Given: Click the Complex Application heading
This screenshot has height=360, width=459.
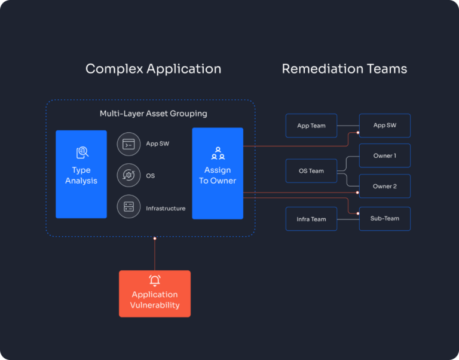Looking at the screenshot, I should click(153, 69).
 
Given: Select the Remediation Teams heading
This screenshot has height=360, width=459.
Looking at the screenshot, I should click(344, 69).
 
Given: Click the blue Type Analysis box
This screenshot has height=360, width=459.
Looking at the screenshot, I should click(81, 174).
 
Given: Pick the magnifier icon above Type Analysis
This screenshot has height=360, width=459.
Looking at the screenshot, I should click(82, 153).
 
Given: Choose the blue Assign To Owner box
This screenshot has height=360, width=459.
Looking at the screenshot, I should click(218, 173).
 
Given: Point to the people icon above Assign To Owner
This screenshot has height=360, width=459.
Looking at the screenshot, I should click(218, 153).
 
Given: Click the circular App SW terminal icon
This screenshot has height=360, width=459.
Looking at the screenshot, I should click(128, 144).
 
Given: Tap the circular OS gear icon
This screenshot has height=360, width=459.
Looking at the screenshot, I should click(128, 175).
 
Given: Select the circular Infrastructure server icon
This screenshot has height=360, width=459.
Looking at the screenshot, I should click(128, 207).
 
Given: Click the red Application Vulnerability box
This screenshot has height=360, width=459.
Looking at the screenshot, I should click(155, 294).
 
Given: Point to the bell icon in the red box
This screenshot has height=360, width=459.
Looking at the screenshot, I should click(155, 280).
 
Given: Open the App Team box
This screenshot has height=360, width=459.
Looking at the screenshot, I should click(311, 126).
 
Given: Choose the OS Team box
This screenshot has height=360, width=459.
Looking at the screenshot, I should click(311, 171).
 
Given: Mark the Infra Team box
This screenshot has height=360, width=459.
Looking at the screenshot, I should click(311, 219).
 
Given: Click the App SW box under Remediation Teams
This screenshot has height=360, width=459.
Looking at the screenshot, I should click(384, 126).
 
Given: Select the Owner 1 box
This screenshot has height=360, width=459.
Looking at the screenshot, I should click(384, 155).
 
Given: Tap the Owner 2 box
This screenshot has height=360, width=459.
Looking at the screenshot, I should click(384, 186).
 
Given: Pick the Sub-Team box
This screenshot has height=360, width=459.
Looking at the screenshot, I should click(384, 218).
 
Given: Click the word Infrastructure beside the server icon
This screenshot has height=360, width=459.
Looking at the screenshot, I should click(166, 208).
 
